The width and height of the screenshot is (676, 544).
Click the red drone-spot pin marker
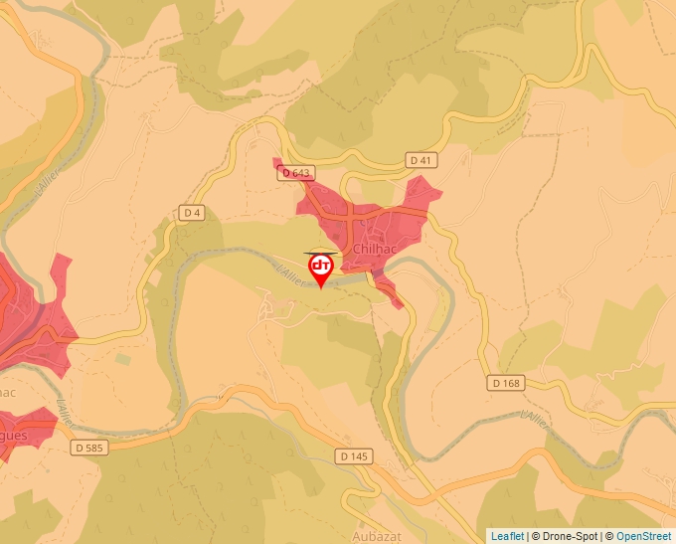coord(321,270)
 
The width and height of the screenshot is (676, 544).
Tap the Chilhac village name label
coord(376,248)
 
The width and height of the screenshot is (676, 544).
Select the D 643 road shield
coord(295,173)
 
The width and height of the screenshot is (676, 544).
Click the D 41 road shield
coord(422,159)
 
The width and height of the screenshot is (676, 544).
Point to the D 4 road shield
coord(192,212)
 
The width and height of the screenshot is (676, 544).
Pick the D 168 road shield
coord(505,382)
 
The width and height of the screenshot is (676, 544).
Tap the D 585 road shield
coord(88,448)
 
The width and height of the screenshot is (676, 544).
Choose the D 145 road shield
coord(353,455)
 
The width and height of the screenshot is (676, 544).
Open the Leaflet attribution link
coord(507,536)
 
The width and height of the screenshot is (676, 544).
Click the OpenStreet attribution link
coord(644,536)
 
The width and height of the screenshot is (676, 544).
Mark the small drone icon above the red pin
coord(321,252)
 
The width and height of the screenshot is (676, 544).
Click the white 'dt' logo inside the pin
coord(321,266)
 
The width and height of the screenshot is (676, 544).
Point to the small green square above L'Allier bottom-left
coord(122,358)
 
